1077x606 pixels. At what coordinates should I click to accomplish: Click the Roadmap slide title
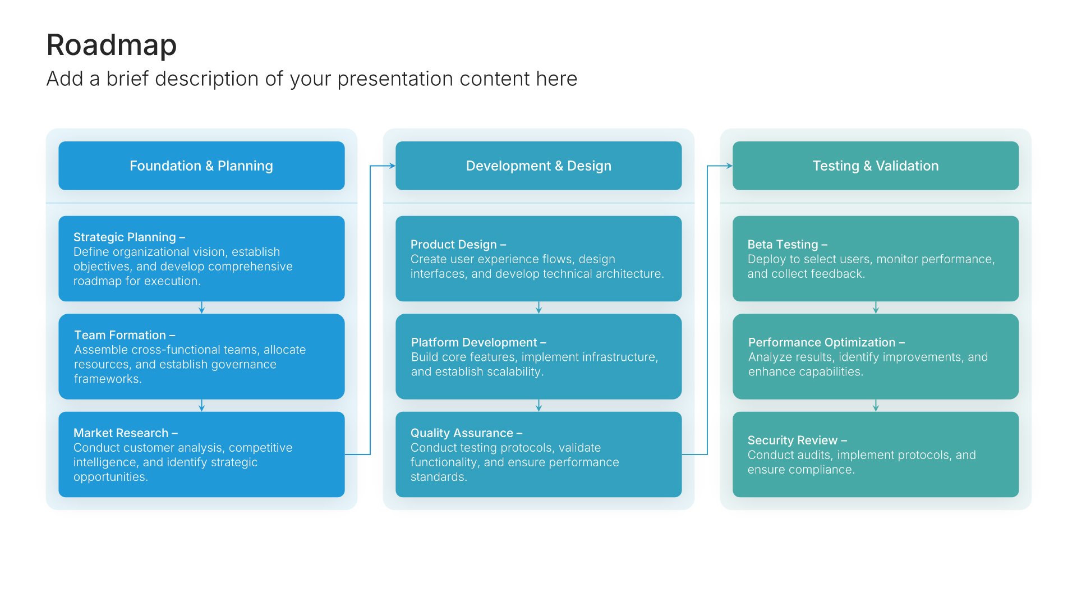pos(111,45)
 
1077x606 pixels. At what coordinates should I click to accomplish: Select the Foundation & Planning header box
pos(201,166)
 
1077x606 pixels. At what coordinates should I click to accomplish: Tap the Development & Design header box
pos(538,166)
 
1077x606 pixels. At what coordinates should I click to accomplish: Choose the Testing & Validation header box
pos(875,166)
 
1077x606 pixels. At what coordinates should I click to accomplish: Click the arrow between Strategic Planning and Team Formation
pos(201,307)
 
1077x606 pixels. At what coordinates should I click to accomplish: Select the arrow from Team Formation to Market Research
pos(201,405)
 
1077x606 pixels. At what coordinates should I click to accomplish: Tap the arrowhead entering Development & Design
pos(392,166)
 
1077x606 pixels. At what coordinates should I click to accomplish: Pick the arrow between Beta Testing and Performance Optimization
pos(876,307)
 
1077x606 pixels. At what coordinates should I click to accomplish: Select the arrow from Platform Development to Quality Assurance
pos(538,405)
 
